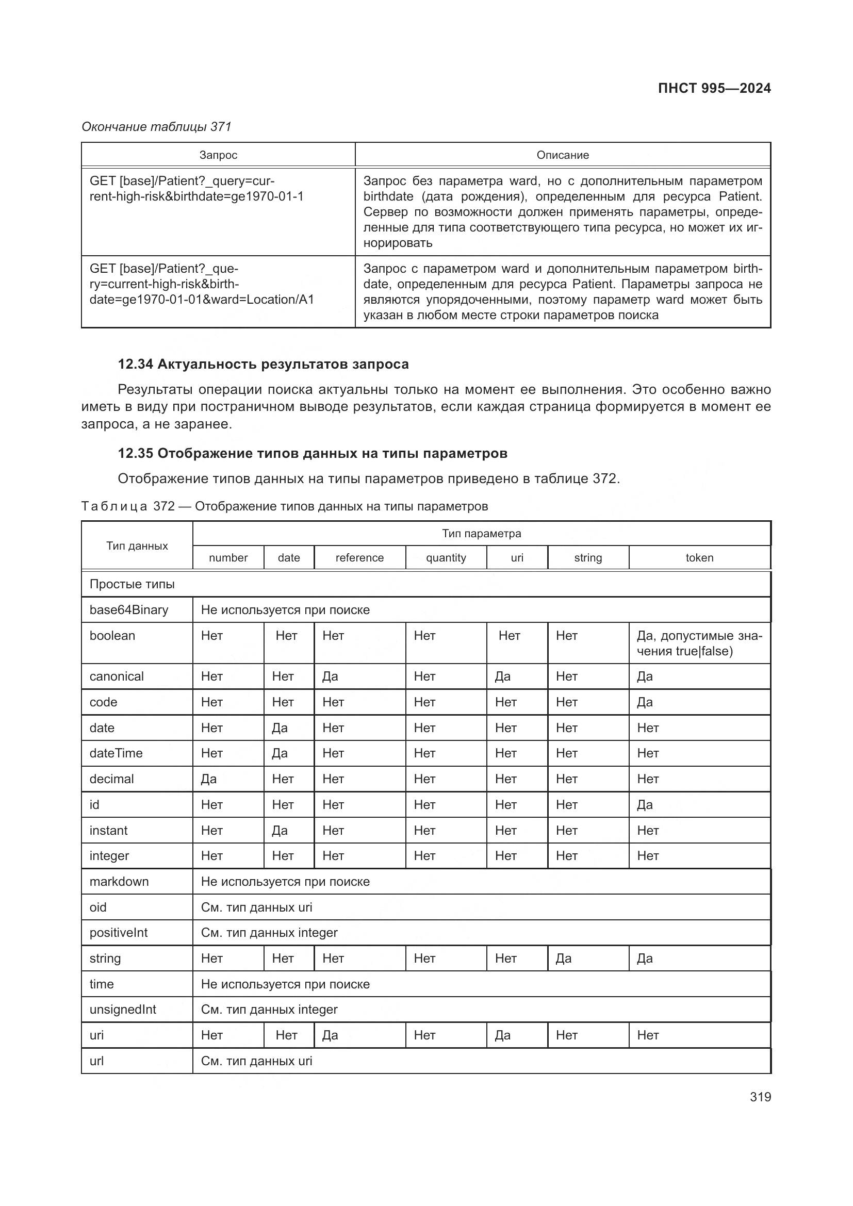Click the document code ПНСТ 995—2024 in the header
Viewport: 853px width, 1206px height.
(714, 88)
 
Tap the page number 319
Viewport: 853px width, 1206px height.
(760, 1097)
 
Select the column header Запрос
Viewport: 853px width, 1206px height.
(218, 155)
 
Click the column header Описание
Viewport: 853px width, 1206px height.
(563, 155)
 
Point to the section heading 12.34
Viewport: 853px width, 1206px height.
(263, 364)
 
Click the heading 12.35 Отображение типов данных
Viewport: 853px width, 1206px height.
(313, 453)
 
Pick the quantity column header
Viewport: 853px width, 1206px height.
(446, 558)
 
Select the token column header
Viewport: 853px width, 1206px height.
(699, 558)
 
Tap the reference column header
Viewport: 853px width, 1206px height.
(359, 558)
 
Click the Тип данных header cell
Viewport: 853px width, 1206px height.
(137, 546)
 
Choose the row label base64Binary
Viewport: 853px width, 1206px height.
(129, 610)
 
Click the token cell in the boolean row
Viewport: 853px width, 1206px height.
(699, 643)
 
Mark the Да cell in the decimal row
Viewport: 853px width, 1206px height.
(209, 779)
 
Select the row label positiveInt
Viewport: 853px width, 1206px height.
(119, 933)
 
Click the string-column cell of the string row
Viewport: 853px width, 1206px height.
(564, 959)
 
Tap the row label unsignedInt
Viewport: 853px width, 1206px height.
(123, 1010)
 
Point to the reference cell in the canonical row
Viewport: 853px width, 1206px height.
(331, 676)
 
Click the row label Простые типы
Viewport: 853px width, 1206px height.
(132, 584)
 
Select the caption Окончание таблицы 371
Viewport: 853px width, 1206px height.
(157, 127)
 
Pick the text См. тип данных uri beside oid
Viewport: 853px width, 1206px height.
(256, 907)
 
